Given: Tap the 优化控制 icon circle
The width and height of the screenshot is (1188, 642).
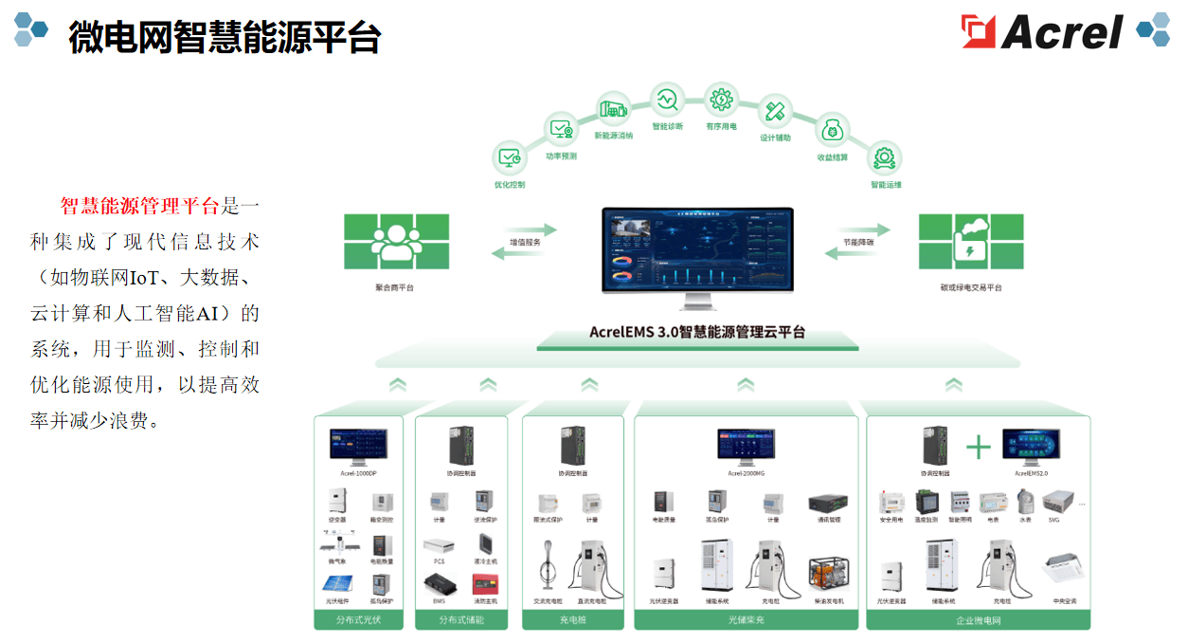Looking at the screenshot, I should [510, 156].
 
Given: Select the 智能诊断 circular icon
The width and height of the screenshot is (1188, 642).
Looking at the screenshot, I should [666, 99].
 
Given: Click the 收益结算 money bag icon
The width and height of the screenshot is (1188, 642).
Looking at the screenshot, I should [833, 130].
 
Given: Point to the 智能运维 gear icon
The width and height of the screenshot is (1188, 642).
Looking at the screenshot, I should [885, 156].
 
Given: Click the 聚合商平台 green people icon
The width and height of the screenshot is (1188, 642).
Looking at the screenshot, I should [396, 242].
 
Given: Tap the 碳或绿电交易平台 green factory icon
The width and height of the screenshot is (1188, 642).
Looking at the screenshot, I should [971, 242].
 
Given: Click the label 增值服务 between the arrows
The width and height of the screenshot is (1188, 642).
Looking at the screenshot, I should [525, 242].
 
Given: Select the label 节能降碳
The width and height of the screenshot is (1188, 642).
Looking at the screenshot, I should [858, 242].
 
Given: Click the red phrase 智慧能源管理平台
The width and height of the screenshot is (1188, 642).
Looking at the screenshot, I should [139, 206].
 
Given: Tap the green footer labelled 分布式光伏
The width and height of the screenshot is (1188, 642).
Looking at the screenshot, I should [357, 620].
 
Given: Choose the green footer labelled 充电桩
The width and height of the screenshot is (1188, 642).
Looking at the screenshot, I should [572, 620].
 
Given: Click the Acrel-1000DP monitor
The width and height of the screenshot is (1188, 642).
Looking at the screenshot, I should [358, 444].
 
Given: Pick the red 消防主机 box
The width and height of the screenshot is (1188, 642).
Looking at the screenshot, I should [485, 583].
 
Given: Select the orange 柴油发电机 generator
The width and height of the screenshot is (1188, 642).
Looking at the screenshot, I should [828, 576].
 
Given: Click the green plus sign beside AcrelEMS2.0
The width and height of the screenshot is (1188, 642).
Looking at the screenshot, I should [979, 448].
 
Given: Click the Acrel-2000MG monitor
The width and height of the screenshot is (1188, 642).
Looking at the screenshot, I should [747, 444].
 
